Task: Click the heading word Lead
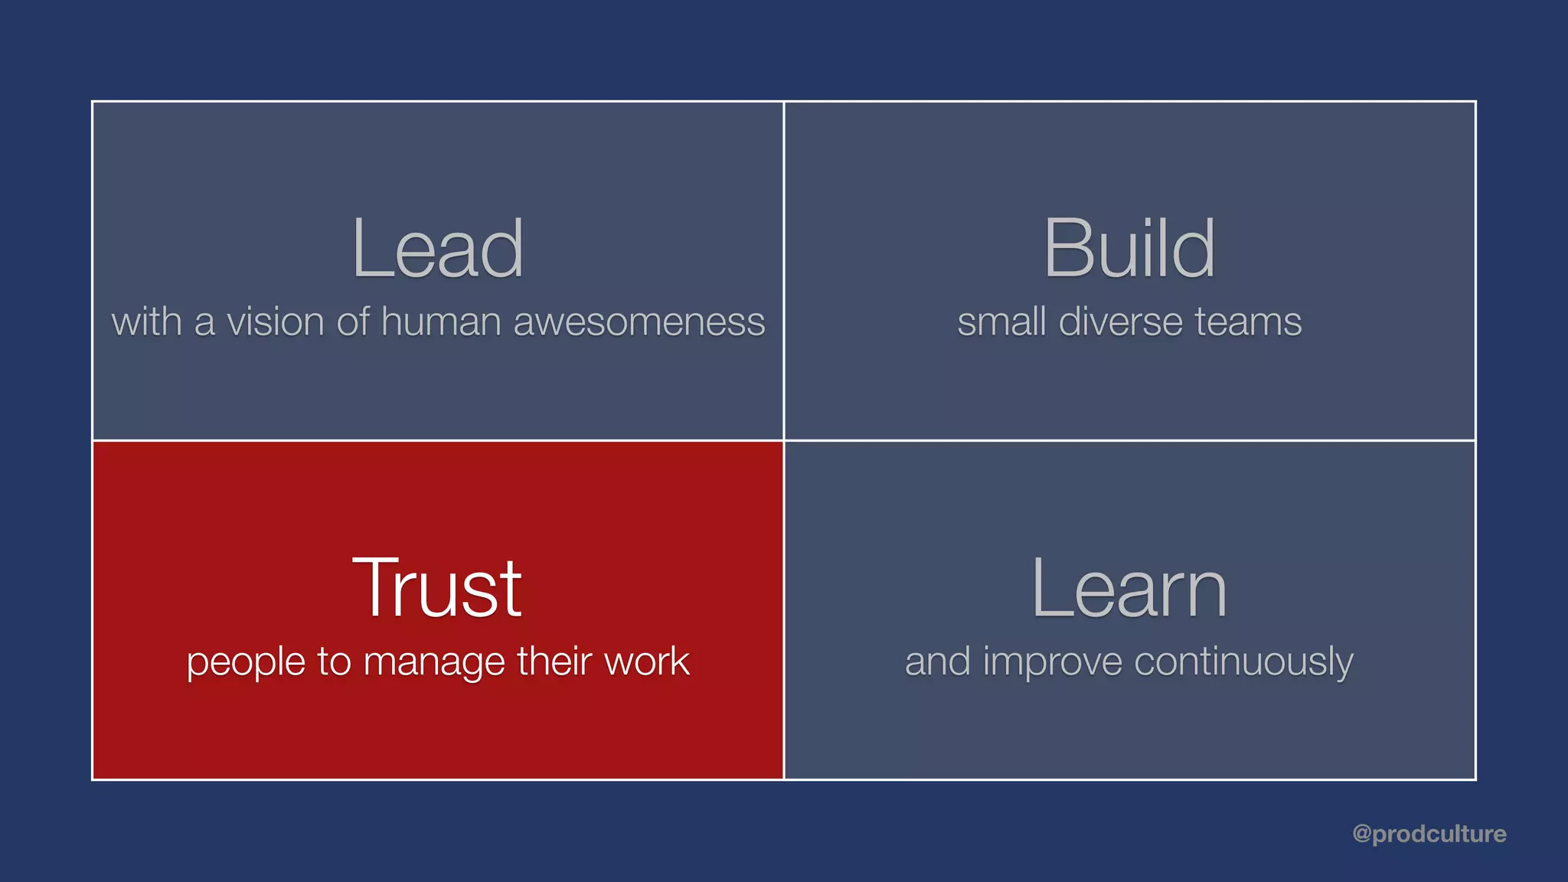coord(437,249)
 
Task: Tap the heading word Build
coord(1129,249)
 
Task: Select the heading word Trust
coord(437,588)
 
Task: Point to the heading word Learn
coord(1129,588)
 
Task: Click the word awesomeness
coord(639,322)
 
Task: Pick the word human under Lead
coord(441,322)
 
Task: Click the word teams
coord(1248,322)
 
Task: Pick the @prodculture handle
coord(1429,834)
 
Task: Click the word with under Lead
coord(147,322)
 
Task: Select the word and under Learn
coord(938,661)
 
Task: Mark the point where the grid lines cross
coord(784,440)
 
